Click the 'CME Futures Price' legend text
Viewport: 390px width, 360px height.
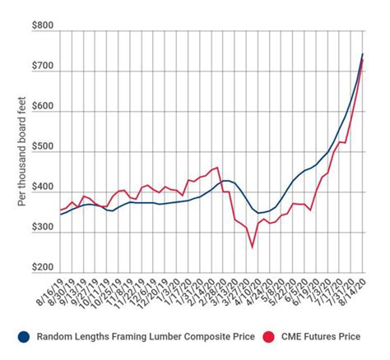pyautogui.click(x=319, y=335)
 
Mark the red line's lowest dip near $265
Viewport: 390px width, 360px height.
pyautogui.click(x=253, y=246)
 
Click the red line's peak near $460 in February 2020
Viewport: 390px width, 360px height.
pyautogui.click(x=216, y=168)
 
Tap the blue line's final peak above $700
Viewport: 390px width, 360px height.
pyautogui.click(x=363, y=54)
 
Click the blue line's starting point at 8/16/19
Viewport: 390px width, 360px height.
pyautogui.click(x=61, y=215)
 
